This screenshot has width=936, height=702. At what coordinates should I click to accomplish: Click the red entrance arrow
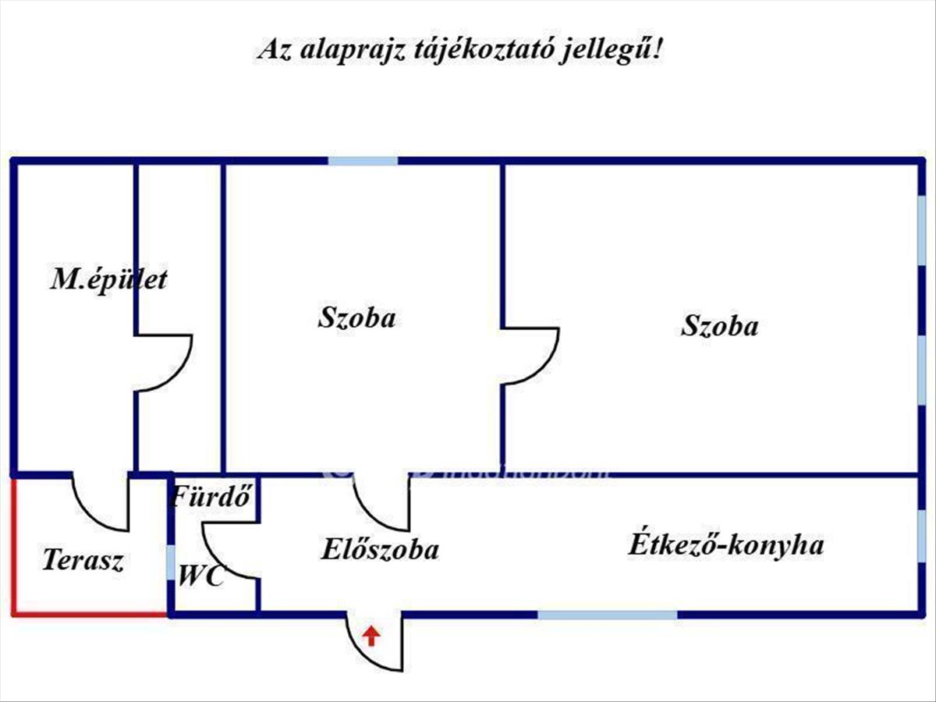coord(372,636)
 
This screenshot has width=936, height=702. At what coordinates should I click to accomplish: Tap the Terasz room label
coord(83,560)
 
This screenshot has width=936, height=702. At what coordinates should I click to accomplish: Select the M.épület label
coord(108,279)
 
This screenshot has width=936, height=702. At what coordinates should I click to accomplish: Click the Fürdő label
coord(213,495)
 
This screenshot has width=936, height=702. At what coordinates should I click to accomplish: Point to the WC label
coord(201,576)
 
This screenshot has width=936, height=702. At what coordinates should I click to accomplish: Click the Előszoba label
coord(380,549)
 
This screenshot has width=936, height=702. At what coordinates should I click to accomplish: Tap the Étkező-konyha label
coord(726,544)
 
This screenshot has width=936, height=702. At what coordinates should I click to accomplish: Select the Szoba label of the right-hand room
coord(719,325)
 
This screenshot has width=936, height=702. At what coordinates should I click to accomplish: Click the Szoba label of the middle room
coord(356,317)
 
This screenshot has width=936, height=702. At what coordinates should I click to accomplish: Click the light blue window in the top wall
coord(363,161)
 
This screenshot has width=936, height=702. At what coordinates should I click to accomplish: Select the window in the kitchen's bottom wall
coord(608,615)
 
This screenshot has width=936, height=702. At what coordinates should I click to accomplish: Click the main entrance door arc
coord(378,643)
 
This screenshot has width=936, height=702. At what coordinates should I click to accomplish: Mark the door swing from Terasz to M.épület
coord(100,504)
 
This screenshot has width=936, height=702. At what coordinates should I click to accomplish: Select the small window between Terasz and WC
coord(171,562)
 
